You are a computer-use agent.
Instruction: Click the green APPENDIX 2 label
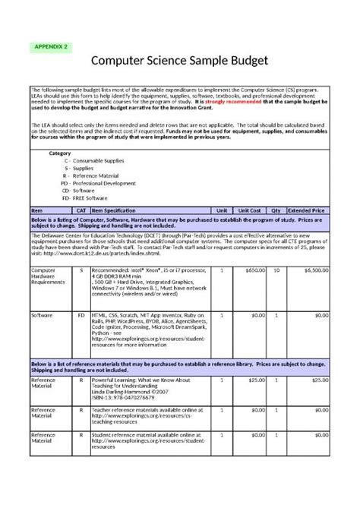[x=52, y=46]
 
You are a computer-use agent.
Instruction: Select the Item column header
[x=36, y=209]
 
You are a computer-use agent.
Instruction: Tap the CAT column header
[x=81, y=209]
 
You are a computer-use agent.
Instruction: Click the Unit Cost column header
[x=250, y=209]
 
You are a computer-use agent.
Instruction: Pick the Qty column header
[x=276, y=209]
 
